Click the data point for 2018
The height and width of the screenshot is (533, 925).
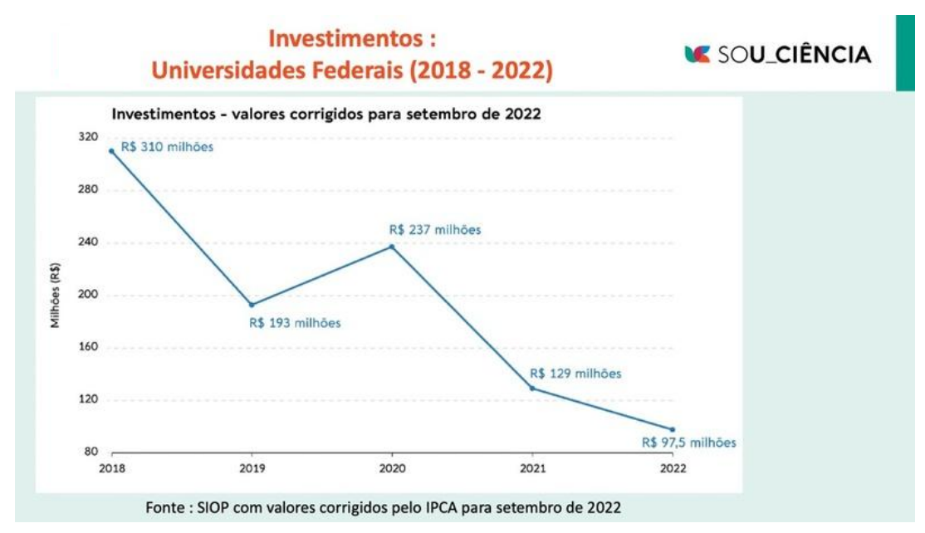pos(111,151)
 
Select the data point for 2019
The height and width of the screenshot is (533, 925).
pos(252,305)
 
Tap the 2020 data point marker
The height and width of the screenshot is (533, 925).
pos(392,247)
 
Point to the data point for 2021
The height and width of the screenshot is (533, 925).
pos(532,389)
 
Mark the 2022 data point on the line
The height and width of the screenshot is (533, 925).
pos(673,429)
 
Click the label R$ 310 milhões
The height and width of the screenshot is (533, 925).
pos(167,147)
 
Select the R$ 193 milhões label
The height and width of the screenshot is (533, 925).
pos(295,323)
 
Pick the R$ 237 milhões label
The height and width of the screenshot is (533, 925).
pos(435,230)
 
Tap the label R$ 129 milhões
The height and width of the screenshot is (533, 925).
pos(575,374)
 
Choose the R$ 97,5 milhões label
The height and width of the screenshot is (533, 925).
pos(689,443)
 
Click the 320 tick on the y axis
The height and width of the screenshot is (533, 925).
pos(87,137)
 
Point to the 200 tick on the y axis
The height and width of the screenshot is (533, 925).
pos(87,295)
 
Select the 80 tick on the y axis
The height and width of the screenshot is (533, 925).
pos(90,452)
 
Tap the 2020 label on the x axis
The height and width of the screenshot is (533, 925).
pos(392,469)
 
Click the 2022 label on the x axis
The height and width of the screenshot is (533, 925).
pos(673,469)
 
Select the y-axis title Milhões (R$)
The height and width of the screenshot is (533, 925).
pos(56,296)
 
